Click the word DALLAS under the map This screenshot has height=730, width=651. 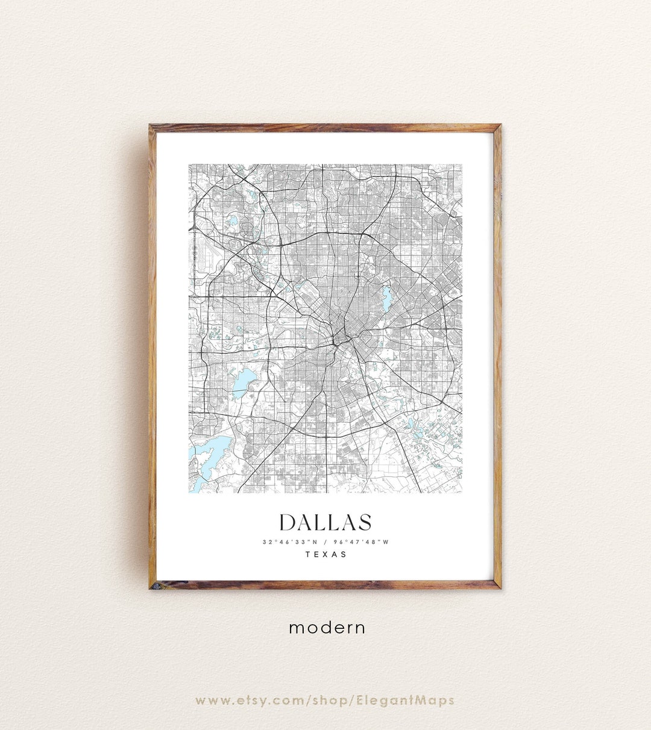point(325,522)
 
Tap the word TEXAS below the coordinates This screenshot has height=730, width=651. point(326,554)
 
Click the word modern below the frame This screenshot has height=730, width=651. point(327,628)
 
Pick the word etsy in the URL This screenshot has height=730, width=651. point(249,700)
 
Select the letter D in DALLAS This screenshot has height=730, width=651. point(288,522)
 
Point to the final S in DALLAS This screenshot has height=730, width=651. point(364,522)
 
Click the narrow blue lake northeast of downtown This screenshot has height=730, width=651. point(386,299)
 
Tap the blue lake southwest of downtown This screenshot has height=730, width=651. point(245,380)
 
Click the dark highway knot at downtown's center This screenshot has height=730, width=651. point(335,343)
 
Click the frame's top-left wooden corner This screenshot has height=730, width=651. point(153,128)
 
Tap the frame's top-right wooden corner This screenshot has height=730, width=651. point(497,128)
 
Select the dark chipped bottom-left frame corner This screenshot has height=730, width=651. point(153,585)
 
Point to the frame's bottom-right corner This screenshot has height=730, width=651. point(497,585)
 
